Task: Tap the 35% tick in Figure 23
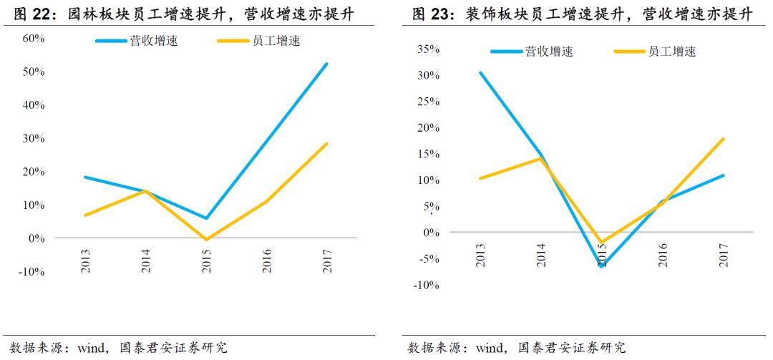[427, 49]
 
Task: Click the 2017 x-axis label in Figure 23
[724, 255]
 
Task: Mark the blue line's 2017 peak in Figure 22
[326, 64]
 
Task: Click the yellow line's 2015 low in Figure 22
[207, 239]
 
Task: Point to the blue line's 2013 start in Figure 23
[480, 72]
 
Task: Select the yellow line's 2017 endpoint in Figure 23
[724, 139]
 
